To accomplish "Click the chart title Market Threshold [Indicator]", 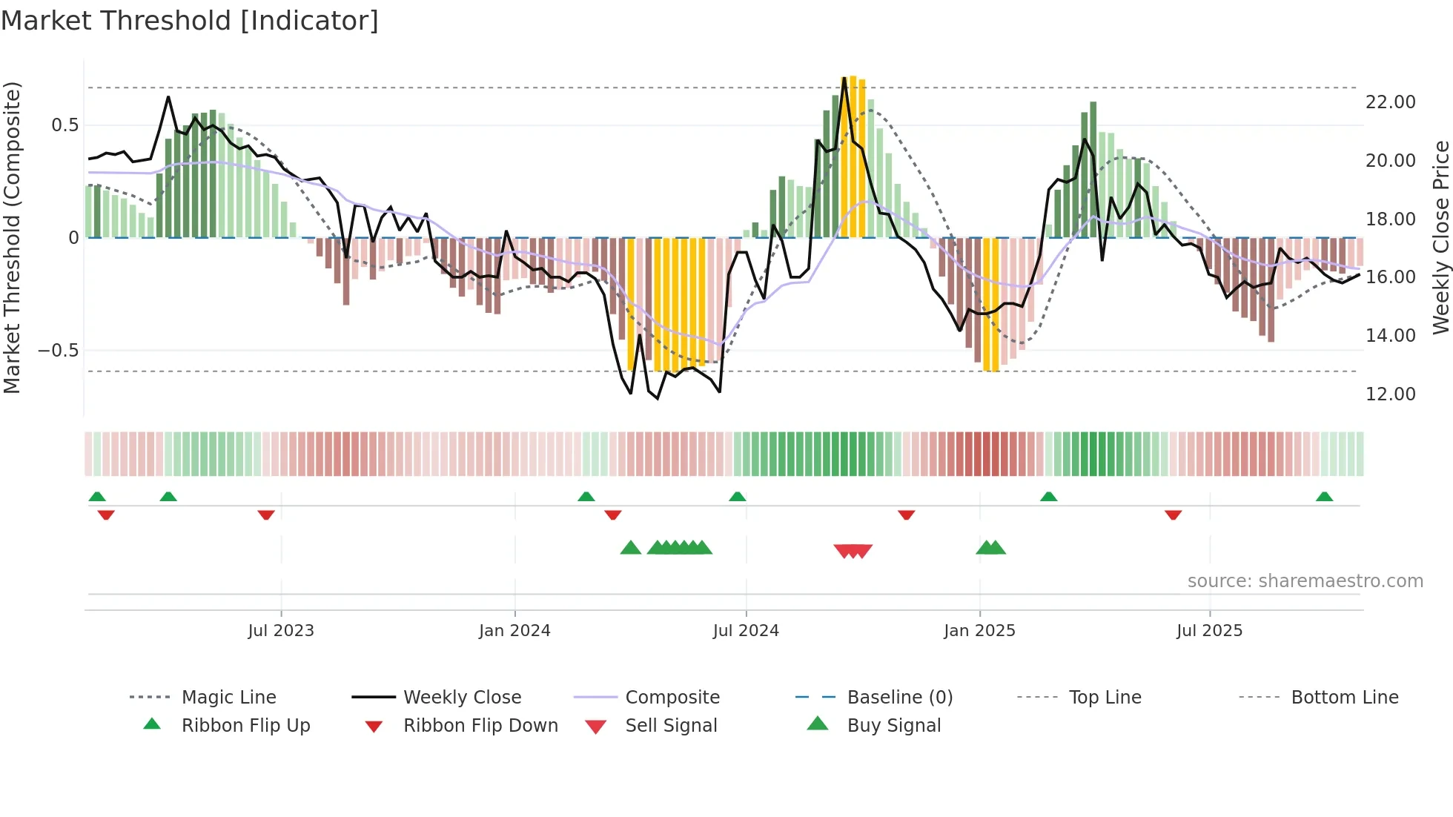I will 190,21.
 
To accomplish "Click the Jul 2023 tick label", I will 281,631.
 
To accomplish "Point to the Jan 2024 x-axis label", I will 514,631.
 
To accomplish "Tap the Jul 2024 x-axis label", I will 746,631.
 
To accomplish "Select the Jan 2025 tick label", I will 979,631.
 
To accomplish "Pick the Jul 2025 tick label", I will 1209,631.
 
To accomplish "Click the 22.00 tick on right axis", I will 1390,102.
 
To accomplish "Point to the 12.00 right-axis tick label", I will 1390,394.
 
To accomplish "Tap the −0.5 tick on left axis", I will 59,351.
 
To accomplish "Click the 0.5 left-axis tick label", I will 64,125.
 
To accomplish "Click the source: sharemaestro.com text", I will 1305,581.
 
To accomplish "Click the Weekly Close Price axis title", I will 1440,237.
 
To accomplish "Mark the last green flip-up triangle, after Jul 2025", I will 1324,497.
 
